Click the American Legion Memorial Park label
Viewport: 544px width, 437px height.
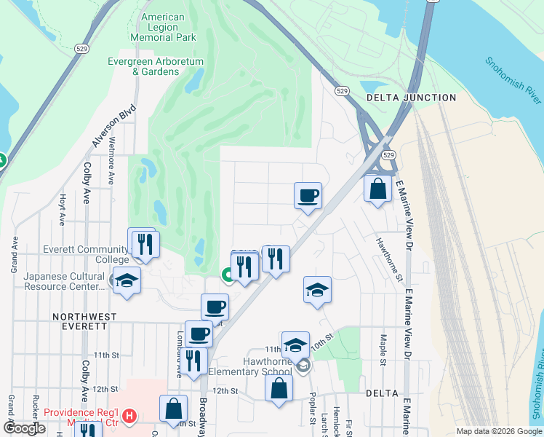click(164, 27)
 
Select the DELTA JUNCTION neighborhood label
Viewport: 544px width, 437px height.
click(411, 98)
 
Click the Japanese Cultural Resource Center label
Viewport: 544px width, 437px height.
click(64, 281)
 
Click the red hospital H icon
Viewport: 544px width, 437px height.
click(129, 416)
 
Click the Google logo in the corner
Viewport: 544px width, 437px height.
click(24, 428)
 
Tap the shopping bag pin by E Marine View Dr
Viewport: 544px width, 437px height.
click(377, 189)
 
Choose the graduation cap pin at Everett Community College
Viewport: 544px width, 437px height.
click(127, 281)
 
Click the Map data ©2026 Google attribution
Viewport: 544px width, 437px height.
click(498, 431)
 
